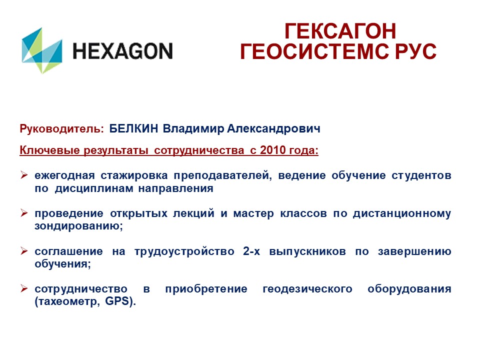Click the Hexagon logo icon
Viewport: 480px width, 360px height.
pyautogui.click(x=42, y=50)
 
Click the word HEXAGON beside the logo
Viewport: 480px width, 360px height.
pyautogui.click(x=123, y=51)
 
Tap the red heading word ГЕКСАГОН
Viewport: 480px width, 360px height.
pyautogui.click(x=340, y=31)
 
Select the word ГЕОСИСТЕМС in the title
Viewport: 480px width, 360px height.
pyautogui.click(x=314, y=51)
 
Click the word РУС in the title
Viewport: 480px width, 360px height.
pyautogui.click(x=415, y=51)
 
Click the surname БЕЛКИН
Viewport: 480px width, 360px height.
pyautogui.click(x=133, y=128)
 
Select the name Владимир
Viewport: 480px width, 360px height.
pyautogui.click(x=193, y=129)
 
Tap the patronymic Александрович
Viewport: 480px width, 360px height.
pyautogui.click(x=273, y=129)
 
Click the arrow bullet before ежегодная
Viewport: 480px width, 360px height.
pyautogui.click(x=24, y=175)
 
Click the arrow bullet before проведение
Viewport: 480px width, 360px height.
pyautogui.click(x=24, y=213)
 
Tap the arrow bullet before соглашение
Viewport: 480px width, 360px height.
pyautogui.click(x=24, y=251)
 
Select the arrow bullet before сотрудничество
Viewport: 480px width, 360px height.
pyautogui.click(x=24, y=288)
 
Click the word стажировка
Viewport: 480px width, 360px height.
pyautogui.click(x=134, y=175)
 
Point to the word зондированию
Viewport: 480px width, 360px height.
pyautogui.click(x=78, y=226)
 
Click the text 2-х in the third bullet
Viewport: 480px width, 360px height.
pyautogui.click(x=251, y=251)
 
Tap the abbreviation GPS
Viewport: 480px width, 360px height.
pyautogui.click(x=117, y=301)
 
